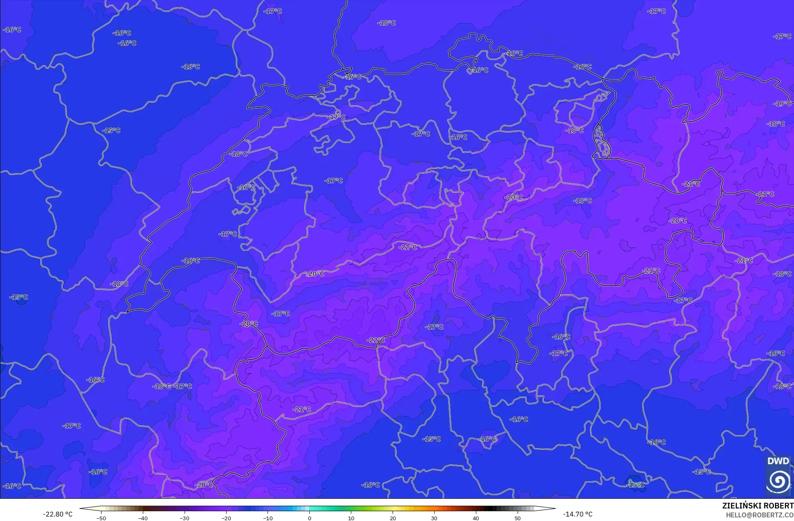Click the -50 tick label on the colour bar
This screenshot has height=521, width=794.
(x=101, y=518)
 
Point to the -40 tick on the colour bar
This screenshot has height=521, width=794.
(x=142, y=518)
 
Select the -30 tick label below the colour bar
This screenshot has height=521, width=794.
(x=184, y=518)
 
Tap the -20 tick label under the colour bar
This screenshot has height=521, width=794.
(x=226, y=518)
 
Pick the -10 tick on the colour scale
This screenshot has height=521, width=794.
(x=267, y=518)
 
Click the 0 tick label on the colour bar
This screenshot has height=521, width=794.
(x=310, y=518)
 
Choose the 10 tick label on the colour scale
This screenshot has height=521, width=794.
(x=351, y=518)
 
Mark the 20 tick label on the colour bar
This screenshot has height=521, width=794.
(x=393, y=518)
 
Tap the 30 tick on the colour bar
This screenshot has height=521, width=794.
(x=434, y=518)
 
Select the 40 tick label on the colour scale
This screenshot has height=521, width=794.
(x=476, y=518)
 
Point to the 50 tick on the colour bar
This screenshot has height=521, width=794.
(x=517, y=518)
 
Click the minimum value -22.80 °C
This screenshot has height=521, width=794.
(x=58, y=514)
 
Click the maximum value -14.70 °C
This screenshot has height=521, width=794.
(x=577, y=514)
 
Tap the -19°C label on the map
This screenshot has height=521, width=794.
(x=782, y=104)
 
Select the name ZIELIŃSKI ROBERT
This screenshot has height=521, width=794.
(x=758, y=506)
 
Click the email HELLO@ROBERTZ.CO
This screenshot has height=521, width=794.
(x=759, y=515)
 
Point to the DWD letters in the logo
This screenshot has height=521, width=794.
(x=778, y=461)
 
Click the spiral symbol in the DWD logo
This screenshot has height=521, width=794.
(x=778, y=480)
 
